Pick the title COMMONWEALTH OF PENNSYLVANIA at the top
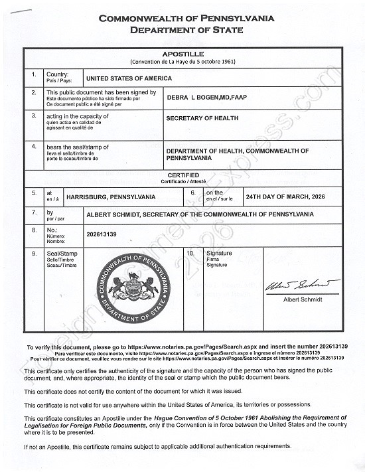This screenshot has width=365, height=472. click(186, 19)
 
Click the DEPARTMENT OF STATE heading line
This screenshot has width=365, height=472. click(186, 30)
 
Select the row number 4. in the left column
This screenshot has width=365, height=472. click(35, 145)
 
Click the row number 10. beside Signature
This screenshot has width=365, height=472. click(190, 253)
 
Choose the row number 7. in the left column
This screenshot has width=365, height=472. click(35, 212)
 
